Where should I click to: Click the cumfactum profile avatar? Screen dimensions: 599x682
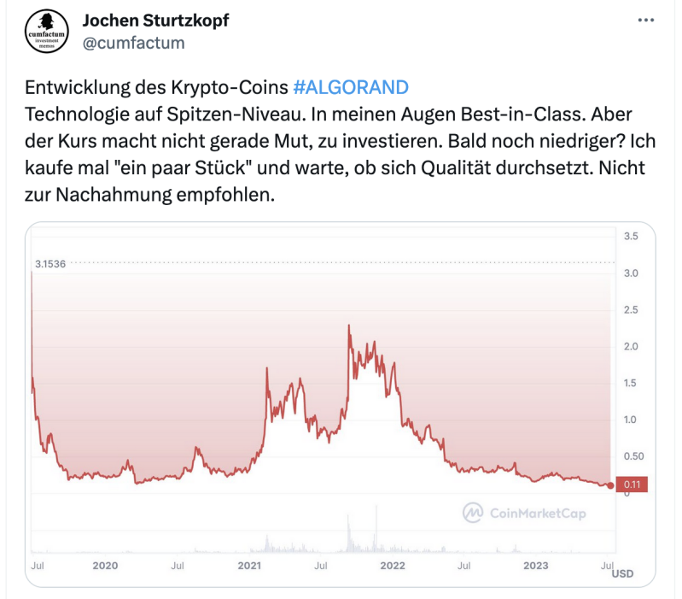[x=45, y=32]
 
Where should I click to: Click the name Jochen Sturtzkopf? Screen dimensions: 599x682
[x=155, y=20]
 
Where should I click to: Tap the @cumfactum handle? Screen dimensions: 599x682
[x=132, y=42]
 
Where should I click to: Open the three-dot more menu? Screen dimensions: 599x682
[x=646, y=20]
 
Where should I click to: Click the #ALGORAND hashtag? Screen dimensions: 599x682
[x=350, y=88]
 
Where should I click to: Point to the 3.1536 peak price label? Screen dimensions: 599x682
[x=50, y=263]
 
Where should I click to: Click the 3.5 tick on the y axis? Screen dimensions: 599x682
[x=632, y=236]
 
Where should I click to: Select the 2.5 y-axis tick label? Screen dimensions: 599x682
[x=632, y=309]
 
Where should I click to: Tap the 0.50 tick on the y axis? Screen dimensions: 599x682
[x=633, y=455]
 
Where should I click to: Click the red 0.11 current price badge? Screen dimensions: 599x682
[x=632, y=484]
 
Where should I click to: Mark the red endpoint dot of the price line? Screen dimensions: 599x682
[x=610, y=485]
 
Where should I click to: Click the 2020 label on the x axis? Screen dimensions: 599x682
[x=105, y=565]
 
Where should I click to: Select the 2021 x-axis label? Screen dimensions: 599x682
[x=248, y=565]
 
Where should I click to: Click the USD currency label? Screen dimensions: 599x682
[x=622, y=573]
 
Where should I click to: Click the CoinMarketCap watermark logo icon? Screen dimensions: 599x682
[x=473, y=513]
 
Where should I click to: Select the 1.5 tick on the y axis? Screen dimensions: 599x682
[x=632, y=382]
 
